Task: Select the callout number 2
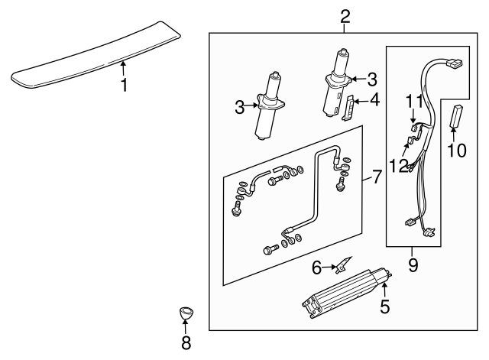(x=345, y=15)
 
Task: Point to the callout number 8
(x=186, y=342)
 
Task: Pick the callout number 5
(x=385, y=306)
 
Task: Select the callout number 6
(x=316, y=267)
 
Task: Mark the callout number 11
(x=413, y=101)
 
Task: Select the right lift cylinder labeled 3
(x=336, y=84)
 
